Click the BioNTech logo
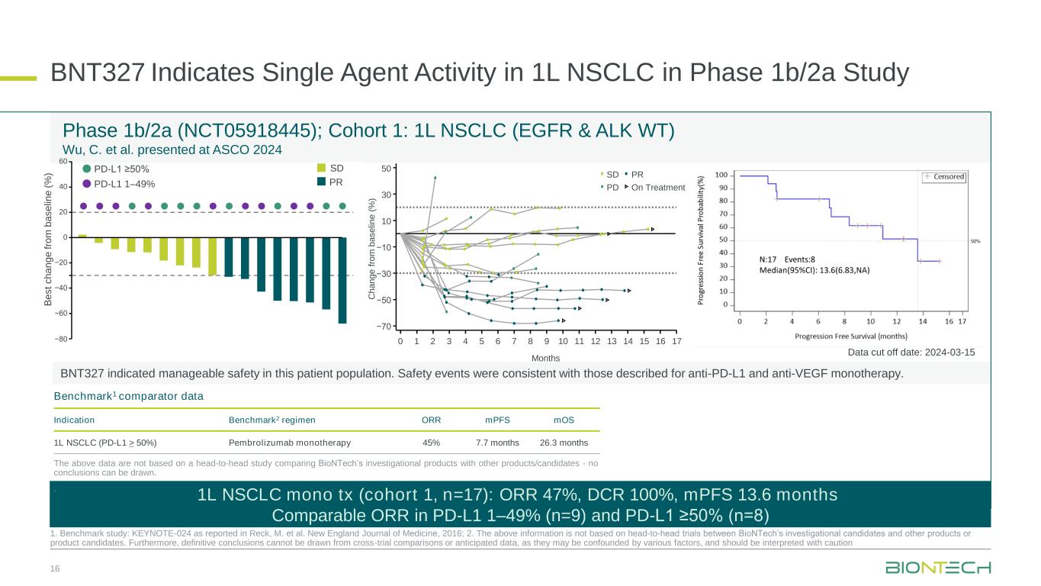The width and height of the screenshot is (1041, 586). (x=937, y=568)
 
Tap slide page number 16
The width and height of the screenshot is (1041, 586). (x=55, y=569)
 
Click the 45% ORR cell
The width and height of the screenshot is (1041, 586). (x=431, y=443)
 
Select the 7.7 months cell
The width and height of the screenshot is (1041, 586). (x=497, y=443)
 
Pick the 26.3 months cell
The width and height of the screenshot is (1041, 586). (x=564, y=443)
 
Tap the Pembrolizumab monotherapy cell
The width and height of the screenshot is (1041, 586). (x=290, y=443)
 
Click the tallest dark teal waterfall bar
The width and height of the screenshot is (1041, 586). (x=342, y=280)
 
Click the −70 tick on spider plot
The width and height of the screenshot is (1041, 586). (x=385, y=327)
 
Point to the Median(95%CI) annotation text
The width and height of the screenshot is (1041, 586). (x=814, y=269)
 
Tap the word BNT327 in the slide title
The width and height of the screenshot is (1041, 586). (x=98, y=73)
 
